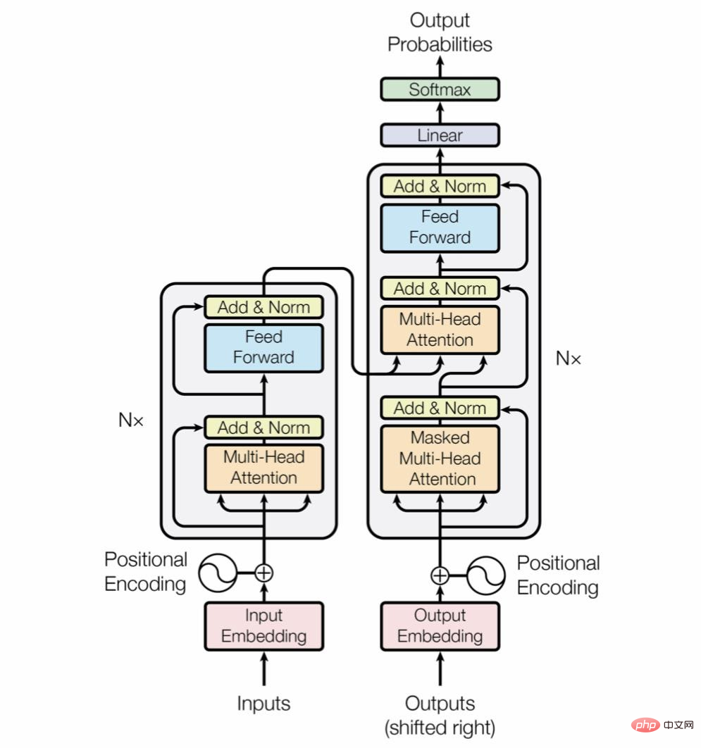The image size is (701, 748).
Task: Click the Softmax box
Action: [x=440, y=89]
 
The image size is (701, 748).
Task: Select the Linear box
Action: [x=440, y=135]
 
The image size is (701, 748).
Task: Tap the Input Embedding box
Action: [x=264, y=626]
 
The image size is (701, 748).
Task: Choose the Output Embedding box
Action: [x=440, y=626]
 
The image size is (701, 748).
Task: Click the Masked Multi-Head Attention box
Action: [x=440, y=459]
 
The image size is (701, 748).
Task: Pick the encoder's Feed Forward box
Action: [x=264, y=348]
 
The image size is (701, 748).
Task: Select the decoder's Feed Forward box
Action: [x=440, y=228]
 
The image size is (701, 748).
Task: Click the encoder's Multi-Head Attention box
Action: [x=264, y=468]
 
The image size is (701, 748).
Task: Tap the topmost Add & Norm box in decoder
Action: [x=440, y=186]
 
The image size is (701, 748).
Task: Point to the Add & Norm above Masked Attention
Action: [x=440, y=409]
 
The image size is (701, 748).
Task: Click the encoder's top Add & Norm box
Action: [x=264, y=307]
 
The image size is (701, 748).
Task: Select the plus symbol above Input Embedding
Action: [x=264, y=573]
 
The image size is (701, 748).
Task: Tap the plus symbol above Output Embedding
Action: [x=440, y=575]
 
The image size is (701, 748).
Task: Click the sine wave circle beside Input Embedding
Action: [x=218, y=573]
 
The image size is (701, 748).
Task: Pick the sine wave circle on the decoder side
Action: [x=486, y=575]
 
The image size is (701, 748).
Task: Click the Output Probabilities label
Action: [x=440, y=32]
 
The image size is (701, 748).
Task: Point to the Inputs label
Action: [x=264, y=704]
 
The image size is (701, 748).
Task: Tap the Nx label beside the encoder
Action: [x=131, y=420]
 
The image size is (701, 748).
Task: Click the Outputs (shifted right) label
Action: [x=440, y=716]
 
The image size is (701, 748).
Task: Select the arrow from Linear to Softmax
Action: [x=440, y=113]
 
